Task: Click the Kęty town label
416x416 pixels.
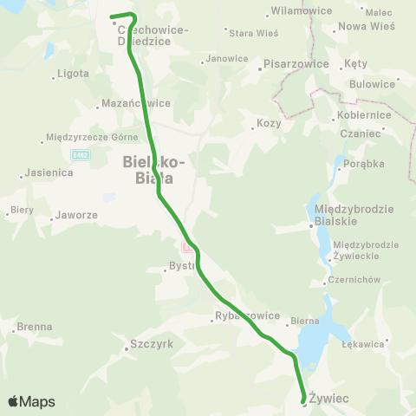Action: (355, 64)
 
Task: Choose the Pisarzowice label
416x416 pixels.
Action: (296, 64)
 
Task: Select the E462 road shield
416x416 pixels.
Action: (82, 153)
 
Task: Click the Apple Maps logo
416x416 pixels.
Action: (31, 401)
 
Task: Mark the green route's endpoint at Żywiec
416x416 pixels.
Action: (304, 400)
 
